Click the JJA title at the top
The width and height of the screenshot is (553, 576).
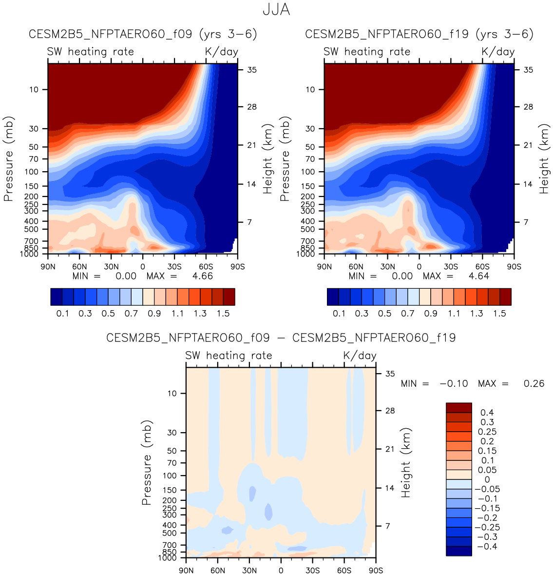click(276, 10)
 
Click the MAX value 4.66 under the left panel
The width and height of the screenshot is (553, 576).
click(203, 276)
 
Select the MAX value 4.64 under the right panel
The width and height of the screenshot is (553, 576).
click(479, 276)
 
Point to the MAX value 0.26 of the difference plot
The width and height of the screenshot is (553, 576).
click(534, 384)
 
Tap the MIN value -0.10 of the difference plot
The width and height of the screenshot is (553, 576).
click(454, 384)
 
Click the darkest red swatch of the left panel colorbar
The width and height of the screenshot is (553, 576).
click(229, 297)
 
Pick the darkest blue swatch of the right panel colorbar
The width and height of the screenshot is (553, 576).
click(333, 297)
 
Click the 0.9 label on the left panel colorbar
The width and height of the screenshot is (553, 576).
click(154, 313)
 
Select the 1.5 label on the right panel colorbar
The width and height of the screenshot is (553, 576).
click(499, 313)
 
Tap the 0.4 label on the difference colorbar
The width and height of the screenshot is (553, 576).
click(487, 413)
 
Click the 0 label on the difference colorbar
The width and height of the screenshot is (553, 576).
click(487, 479)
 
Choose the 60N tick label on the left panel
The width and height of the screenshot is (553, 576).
click(79, 267)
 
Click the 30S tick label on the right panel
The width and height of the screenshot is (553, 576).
click(451, 267)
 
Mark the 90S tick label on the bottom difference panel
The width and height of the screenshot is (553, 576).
click(376, 571)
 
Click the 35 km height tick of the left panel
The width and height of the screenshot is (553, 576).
click(251, 70)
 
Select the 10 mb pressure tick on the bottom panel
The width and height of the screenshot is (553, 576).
click(172, 393)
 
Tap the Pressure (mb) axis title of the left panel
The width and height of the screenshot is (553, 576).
click(8, 159)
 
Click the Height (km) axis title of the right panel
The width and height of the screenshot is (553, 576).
click(544, 159)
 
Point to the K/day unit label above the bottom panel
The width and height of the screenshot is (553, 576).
click(360, 356)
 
